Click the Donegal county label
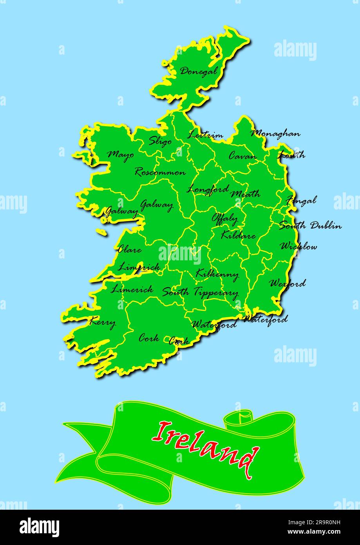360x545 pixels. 198,71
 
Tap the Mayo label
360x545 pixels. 121,154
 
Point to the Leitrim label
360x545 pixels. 205,135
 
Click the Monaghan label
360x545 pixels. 275,134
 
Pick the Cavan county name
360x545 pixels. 243,156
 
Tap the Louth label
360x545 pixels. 291,155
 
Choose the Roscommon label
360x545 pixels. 160,172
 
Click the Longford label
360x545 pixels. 208,189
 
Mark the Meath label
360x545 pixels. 245,194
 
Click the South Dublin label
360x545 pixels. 310,225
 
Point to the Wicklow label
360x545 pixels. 298,246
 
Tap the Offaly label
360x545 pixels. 225,218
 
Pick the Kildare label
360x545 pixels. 238,235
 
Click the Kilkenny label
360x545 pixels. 217,274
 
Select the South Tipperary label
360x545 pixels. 200,292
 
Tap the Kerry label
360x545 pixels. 103,323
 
